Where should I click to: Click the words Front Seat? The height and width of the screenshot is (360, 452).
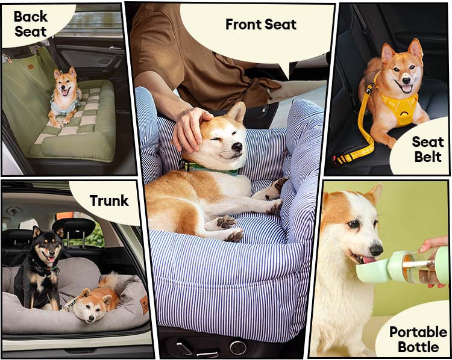[261, 24]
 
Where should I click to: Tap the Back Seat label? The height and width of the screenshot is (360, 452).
[31, 24]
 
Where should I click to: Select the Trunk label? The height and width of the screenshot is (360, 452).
[109, 200]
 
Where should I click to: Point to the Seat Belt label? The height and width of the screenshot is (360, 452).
[428, 149]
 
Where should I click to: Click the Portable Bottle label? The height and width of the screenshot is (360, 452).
[418, 340]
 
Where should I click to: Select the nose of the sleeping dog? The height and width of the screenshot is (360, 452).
[237, 147]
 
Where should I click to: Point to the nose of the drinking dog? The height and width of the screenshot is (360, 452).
[376, 249]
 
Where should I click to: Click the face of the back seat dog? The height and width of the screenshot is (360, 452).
[66, 84]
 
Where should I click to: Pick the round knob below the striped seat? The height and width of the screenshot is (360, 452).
[238, 347]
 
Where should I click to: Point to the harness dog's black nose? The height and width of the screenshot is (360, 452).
[406, 79]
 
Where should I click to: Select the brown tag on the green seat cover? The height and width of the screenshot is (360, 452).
[31, 67]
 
